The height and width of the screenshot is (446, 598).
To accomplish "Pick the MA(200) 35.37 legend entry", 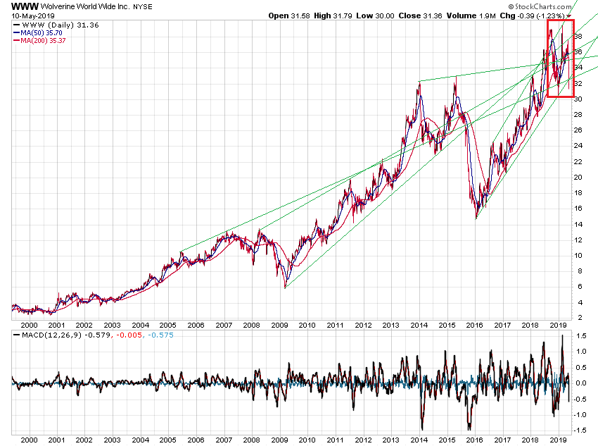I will [44, 40].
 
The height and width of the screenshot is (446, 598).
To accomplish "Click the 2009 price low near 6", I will [285, 287].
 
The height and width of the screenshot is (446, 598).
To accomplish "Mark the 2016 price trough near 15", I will [476, 218].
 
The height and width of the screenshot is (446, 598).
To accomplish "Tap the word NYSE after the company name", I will [144, 6].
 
